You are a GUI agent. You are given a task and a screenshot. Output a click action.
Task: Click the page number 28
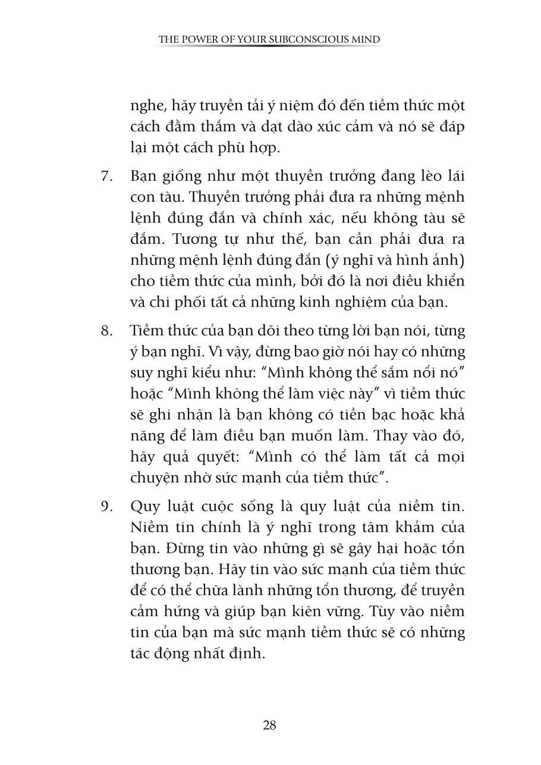click(269, 725)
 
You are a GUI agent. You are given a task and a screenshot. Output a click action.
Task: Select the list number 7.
click(106, 177)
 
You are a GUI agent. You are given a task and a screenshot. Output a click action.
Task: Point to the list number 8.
click(106, 331)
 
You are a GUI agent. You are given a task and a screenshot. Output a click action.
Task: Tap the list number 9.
click(106, 506)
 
